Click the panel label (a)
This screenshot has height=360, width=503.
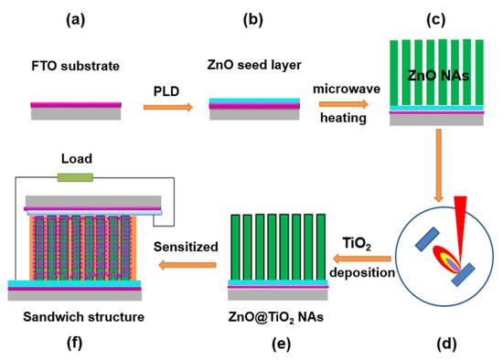76,17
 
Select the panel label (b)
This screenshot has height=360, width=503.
252,17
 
